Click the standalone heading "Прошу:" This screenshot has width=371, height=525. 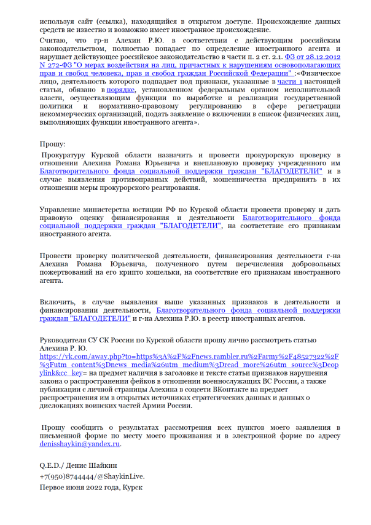(x=53, y=144)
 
